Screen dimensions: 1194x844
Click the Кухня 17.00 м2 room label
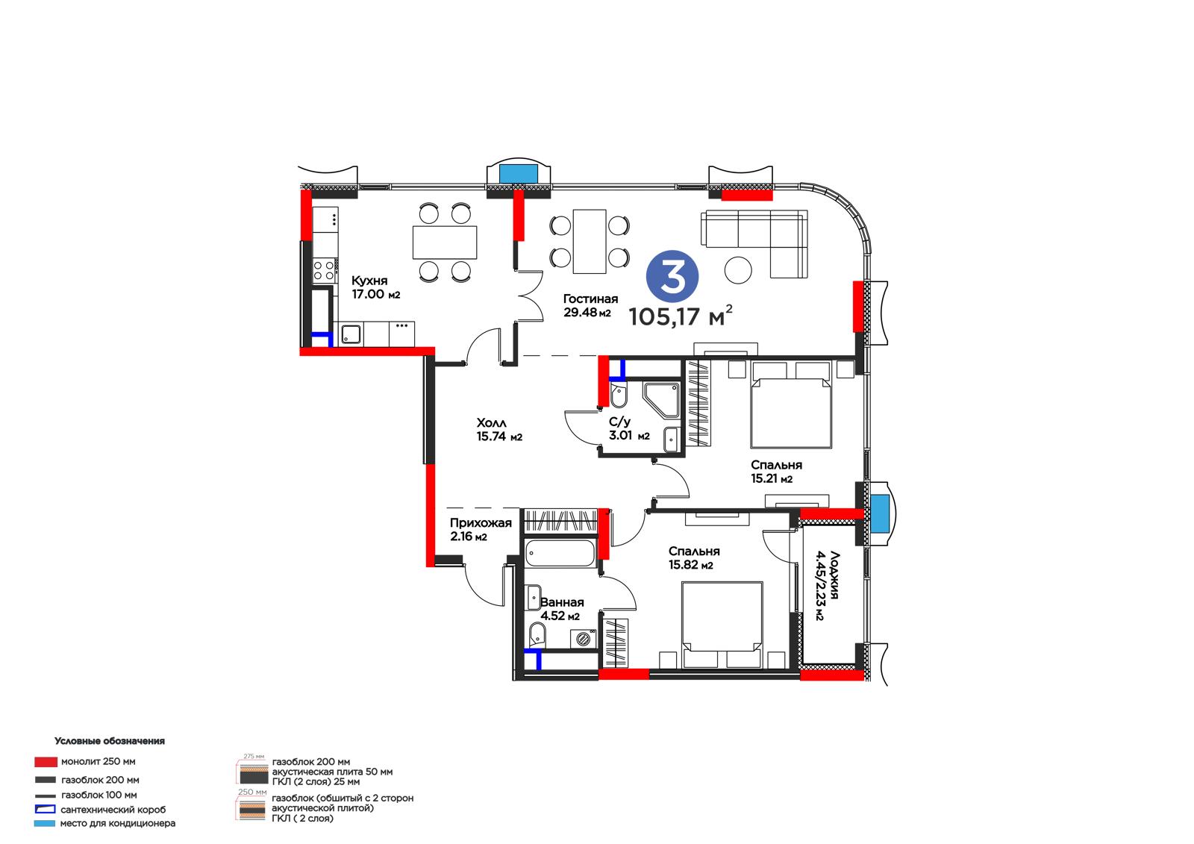(x=375, y=287)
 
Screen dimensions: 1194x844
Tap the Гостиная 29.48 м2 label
(x=590, y=305)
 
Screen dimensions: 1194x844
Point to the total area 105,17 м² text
(x=681, y=316)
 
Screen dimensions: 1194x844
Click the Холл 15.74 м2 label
(x=499, y=430)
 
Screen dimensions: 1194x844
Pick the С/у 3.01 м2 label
(x=629, y=428)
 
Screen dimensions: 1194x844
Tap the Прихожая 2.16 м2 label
(x=481, y=529)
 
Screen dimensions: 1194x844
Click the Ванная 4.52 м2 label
(x=562, y=609)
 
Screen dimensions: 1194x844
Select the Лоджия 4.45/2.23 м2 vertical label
(x=827, y=585)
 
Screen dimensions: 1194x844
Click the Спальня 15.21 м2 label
(x=776, y=472)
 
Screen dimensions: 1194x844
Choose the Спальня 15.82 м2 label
(x=694, y=557)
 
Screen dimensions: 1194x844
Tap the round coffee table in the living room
(x=738, y=270)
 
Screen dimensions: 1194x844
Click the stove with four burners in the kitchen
(x=324, y=270)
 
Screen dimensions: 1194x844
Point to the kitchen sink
(x=351, y=334)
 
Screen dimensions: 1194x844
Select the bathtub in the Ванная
(x=560, y=553)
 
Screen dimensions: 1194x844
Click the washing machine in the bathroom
(x=584, y=639)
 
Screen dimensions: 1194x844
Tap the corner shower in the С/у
(x=661, y=400)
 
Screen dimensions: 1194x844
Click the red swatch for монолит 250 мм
(x=46, y=761)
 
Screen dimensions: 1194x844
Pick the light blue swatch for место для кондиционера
(x=45, y=823)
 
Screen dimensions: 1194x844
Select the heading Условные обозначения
(x=109, y=740)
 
